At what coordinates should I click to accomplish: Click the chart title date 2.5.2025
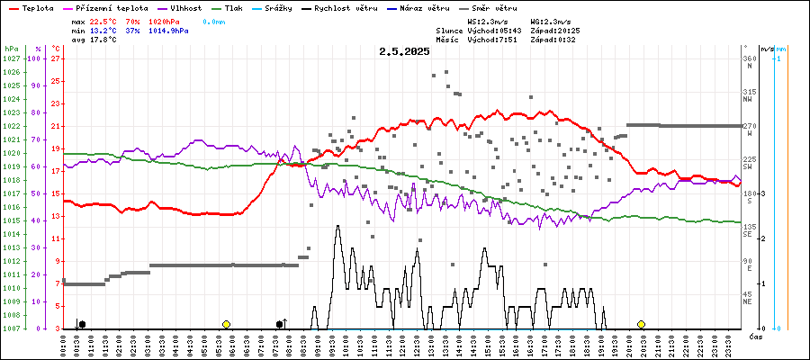point(405,52)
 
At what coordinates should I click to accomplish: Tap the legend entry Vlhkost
point(170,8)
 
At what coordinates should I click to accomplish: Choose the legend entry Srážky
point(289,8)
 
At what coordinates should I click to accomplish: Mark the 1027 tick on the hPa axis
point(11,58)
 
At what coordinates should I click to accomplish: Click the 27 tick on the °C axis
point(56,58)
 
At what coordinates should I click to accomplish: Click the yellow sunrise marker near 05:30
point(226,324)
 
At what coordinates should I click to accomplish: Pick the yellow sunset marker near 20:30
point(641,324)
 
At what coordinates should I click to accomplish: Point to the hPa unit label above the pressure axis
point(10,48)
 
